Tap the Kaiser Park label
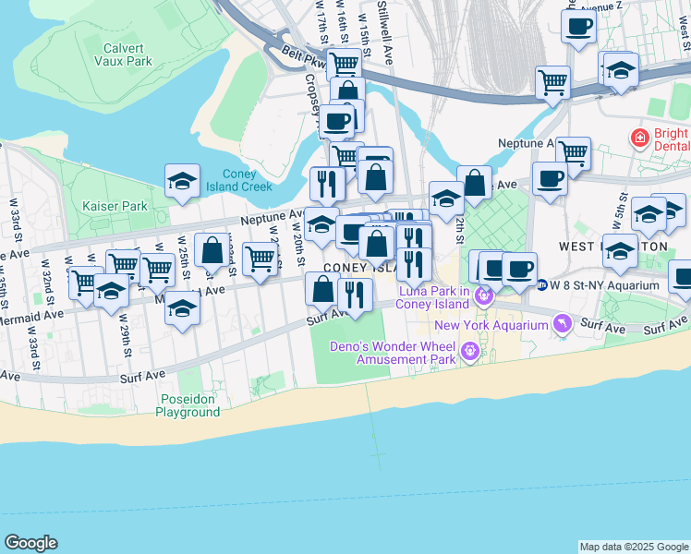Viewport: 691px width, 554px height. [x=115, y=205]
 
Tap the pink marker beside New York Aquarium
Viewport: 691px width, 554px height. [x=559, y=323]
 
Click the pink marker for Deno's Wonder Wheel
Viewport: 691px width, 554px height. [x=471, y=350]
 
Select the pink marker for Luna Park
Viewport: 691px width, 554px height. [x=485, y=297]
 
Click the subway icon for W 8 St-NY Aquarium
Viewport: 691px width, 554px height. [x=543, y=285]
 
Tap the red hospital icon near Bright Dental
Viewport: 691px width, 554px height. [x=638, y=138]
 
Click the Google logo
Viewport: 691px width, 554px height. [x=31, y=543]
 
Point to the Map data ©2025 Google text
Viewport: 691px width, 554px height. [x=633, y=547]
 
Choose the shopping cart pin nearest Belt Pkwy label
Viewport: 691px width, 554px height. [x=344, y=64]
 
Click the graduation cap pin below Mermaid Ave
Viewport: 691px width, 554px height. [x=183, y=309]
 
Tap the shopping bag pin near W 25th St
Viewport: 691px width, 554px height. [x=212, y=250]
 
